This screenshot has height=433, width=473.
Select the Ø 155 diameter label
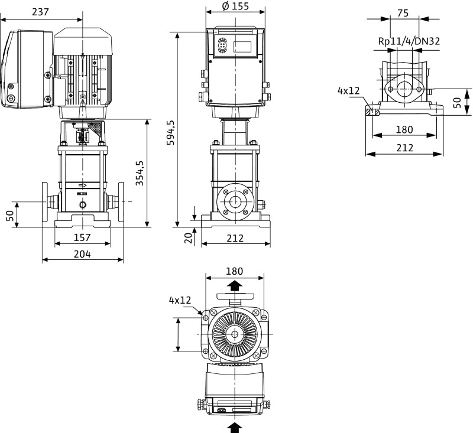click(x=235, y=7)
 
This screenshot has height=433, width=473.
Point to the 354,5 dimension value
click(x=140, y=172)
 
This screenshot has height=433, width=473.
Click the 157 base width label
click(x=82, y=237)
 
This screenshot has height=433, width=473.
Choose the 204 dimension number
click(x=82, y=254)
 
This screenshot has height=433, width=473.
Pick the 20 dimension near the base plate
click(x=187, y=237)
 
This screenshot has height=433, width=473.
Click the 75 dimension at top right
click(x=403, y=13)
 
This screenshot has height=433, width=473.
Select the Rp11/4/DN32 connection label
click(x=409, y=41)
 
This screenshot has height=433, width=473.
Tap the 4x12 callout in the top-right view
click(x=349, y=90)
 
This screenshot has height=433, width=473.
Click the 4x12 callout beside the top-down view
click(x=180, y=300)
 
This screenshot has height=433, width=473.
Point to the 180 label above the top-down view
click(x=235, y=271)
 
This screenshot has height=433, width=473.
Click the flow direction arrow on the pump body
click(x=82, y=185)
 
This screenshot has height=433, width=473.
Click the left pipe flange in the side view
click(x=46, y=203)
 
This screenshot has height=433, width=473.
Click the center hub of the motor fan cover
click(x=235, y=334)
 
